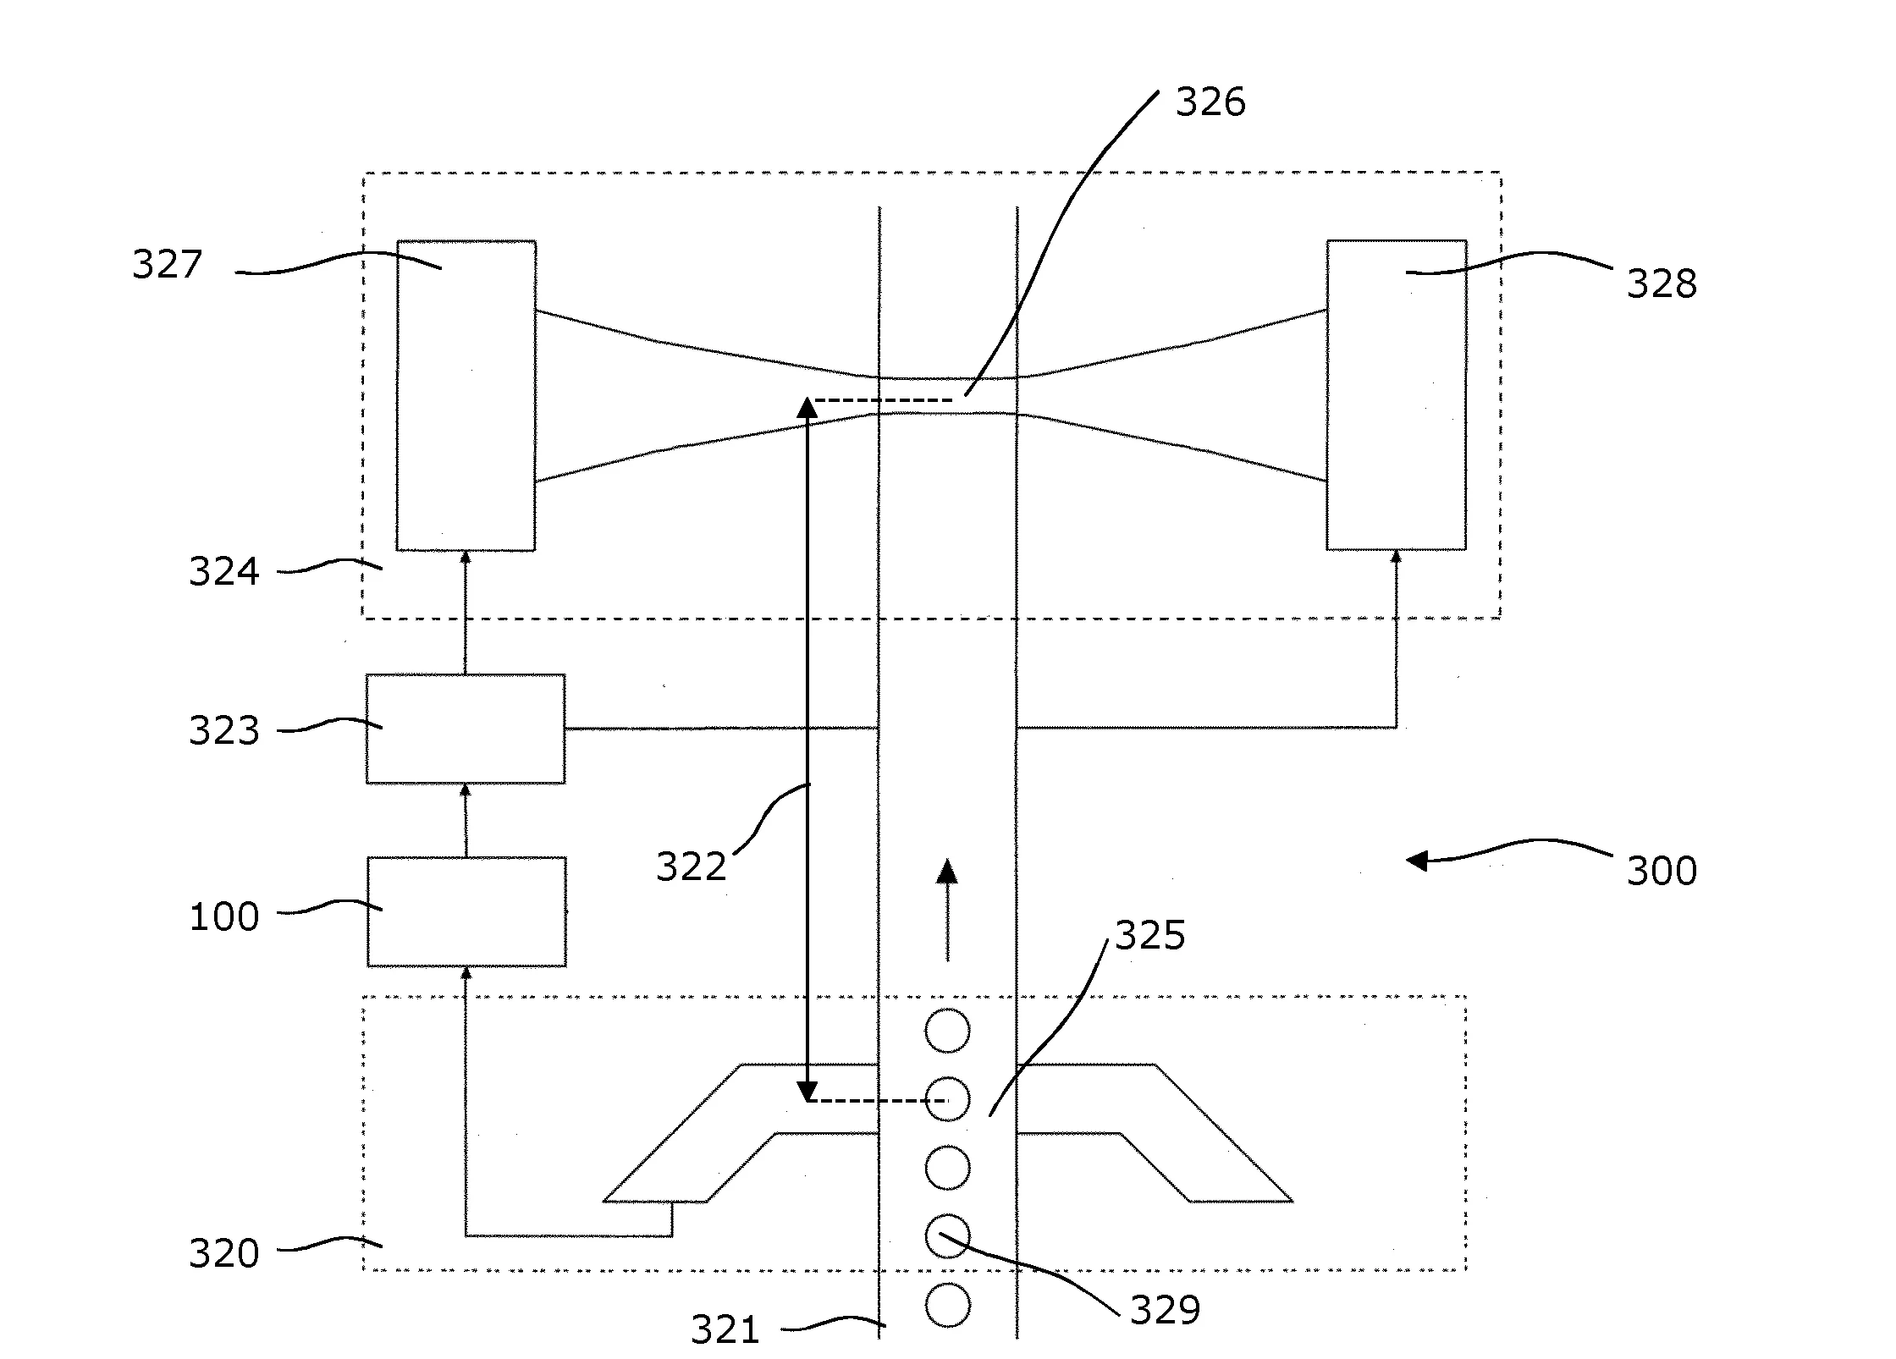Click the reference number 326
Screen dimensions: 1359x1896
(1210, 102)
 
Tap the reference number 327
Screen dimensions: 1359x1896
(167, 264)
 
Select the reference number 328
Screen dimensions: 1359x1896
(1661, 283)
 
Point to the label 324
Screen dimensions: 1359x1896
(223, 572)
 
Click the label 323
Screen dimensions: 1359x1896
(223, 730)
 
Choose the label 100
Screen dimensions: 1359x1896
(223, 917)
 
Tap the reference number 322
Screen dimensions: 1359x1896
(691, 867)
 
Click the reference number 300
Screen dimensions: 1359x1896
(1661, 871)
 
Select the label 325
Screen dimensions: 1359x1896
(1149, 936)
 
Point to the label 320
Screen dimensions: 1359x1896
(223, 1253)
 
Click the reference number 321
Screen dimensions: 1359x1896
(725, 1329)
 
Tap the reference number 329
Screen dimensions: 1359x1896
(1165, 1310)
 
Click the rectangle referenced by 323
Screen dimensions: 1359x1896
(466, 729)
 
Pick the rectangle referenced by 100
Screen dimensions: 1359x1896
(466, 911)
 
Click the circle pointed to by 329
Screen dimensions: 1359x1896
(947, 1236)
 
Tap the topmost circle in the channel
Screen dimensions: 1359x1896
(947, 1031)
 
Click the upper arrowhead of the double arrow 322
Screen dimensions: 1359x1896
(807, 409)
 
